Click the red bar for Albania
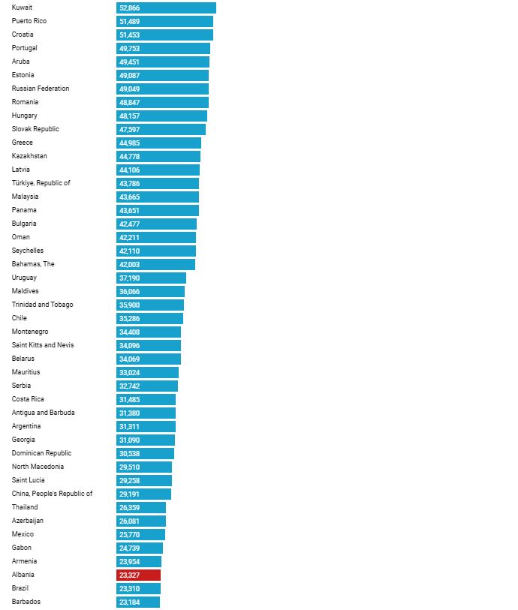(139, 575)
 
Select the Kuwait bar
(166, 8)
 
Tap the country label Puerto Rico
(29, 21)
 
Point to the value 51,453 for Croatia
(129, 35)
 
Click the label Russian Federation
(41, 89)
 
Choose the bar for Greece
(158, 143)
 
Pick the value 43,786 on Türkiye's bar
(129, 183)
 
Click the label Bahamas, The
(33, 264)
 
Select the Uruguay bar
(151, 278)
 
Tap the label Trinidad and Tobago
(43, 305)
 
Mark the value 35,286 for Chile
(129, 318)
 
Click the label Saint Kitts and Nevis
(43, 345)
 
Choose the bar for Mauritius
(147, 372)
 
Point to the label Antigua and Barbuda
(44, 413)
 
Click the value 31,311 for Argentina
(129, 426)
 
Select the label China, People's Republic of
(53, 494)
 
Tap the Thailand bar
(141, 507)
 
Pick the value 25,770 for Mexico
(129, 534)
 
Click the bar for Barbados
(138, 602)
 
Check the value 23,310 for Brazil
(129, 588)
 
